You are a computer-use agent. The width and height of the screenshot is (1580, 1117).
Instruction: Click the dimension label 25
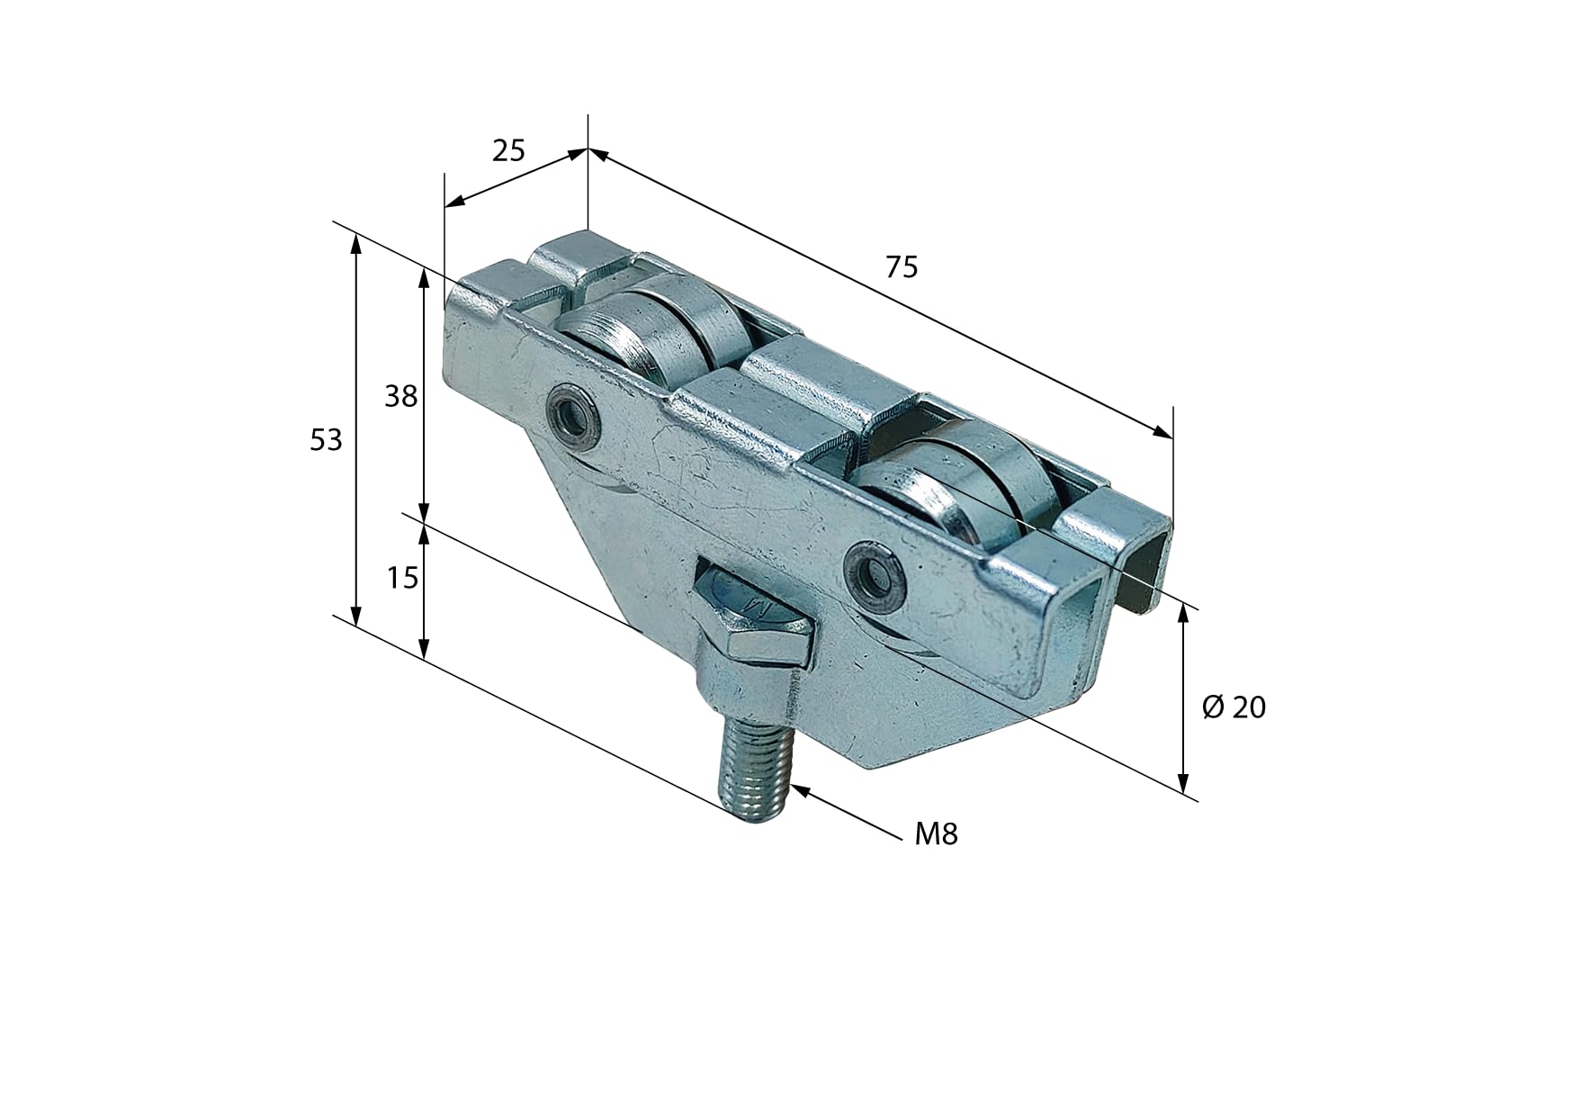tap(508, 149)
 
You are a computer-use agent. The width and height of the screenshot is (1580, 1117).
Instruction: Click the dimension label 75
tap(902, 267)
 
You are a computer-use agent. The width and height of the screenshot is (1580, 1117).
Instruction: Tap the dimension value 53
tap(326, 440)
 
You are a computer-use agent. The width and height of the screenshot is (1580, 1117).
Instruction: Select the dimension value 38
tap(401, 396)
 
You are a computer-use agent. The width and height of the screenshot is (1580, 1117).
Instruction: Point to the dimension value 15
tap(402, 578)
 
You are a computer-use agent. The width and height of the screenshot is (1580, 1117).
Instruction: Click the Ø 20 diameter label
tap(1234, 707)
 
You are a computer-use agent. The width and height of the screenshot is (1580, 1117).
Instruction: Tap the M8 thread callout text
tap(936, 835)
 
